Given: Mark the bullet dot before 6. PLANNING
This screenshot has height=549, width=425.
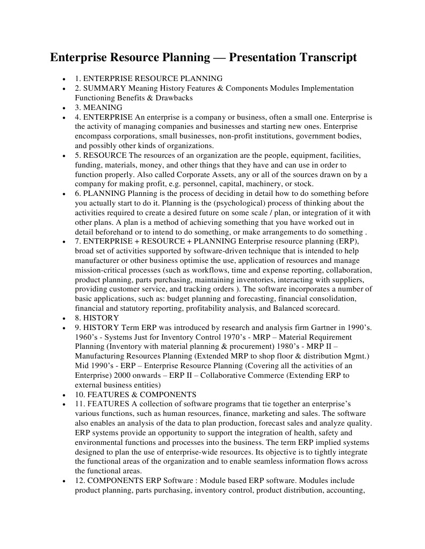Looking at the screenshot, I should click(64, 194).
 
